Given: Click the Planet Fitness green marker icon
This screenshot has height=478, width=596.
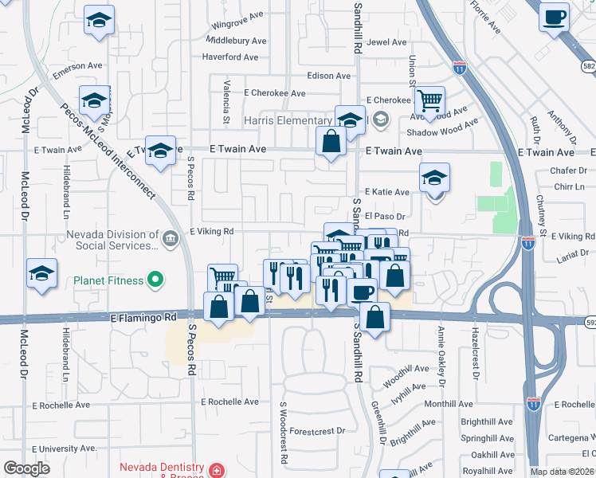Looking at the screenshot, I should pos(156,280).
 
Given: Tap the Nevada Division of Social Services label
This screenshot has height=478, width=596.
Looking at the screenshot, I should pos(113,240).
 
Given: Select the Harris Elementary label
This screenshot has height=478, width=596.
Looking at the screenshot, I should pos(288,120).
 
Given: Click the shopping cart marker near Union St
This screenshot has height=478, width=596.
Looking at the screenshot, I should pos(429,101).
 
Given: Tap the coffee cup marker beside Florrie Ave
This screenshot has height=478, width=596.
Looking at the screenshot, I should pos(554,18).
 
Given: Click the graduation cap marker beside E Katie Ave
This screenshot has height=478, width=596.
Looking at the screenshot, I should pos(435,178).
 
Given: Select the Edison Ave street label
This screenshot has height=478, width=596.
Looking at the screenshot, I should pos(329,76).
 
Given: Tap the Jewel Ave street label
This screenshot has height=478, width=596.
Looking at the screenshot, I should pos(386,42).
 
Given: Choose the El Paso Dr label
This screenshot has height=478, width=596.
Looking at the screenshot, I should pos(386,216).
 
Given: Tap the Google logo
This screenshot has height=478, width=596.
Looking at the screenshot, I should pos(27,468).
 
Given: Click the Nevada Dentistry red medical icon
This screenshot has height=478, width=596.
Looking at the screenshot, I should pos(217,470).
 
